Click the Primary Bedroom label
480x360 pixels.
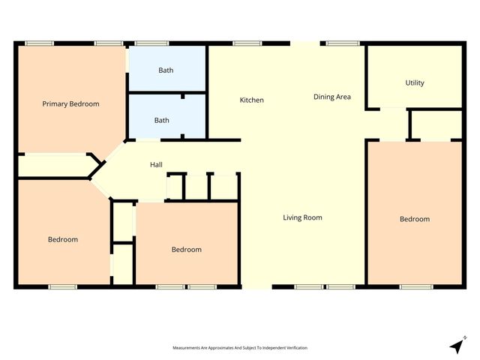[x=70, y=104]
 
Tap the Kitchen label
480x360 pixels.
[x=251, y=100]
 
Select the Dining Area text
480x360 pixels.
[x=332, y=97]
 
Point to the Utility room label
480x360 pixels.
[x=415, y=82]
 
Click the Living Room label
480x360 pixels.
[x=302, y=218]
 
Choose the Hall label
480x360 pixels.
[x=156, y=165]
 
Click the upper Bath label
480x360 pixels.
[x=165, y=70]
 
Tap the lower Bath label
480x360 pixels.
[x=162, y=120]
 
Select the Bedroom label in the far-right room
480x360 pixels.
[x=415, y=219]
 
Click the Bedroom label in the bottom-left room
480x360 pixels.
[x=63, y=240]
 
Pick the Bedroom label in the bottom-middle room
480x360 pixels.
[x=186, y=250]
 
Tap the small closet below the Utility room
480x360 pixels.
[x=436, y=124]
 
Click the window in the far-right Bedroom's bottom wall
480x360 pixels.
[x=415, y=286]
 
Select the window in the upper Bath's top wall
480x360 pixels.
[x=151, y=43]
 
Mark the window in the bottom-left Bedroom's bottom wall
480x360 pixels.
[x=63, y=286]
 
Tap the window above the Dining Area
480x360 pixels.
[x=341, y=43]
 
